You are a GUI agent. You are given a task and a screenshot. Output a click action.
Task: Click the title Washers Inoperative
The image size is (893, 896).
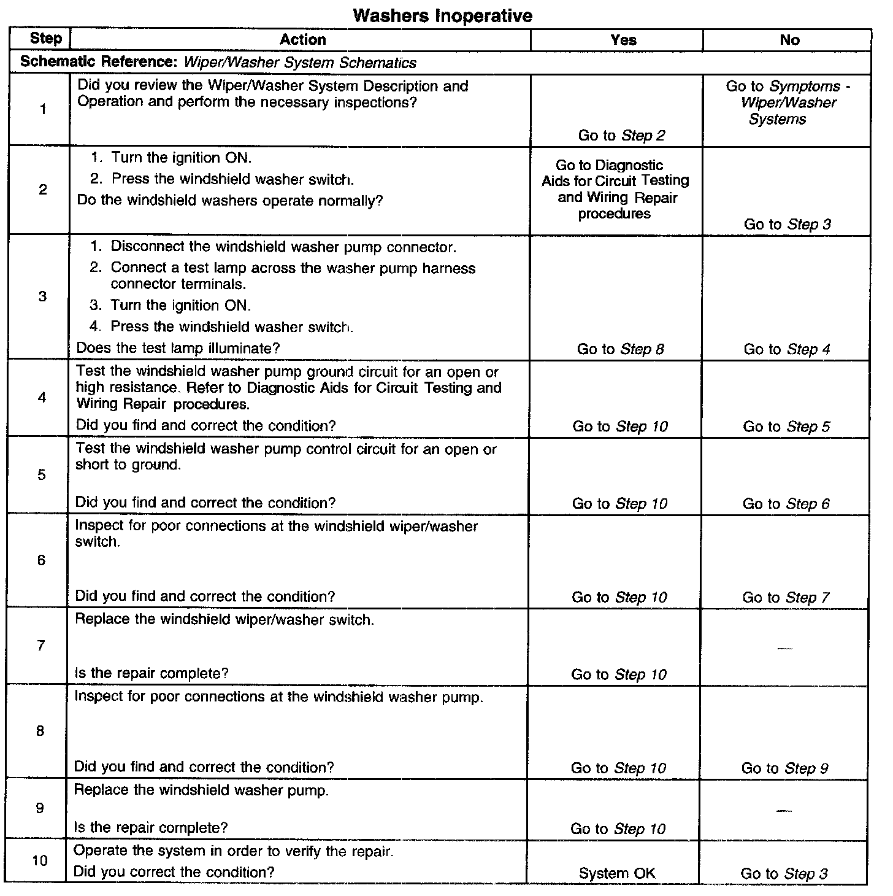point(442,15)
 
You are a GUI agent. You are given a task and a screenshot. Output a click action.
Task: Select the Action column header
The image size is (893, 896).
point(302,40)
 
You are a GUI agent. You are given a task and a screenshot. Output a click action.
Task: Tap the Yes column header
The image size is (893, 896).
point(623,40)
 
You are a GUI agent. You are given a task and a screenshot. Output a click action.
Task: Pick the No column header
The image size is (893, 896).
point(789,40)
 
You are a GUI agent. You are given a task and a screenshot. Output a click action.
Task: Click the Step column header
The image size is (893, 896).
point(45,39)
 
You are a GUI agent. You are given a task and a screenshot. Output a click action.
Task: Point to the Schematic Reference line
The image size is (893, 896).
point(218,63)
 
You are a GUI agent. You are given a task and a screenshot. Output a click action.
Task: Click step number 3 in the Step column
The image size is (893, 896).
point(42,297)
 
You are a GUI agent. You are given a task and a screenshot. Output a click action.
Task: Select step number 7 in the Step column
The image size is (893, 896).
point(40,646)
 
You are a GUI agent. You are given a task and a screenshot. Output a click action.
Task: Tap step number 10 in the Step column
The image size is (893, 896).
point(39,860)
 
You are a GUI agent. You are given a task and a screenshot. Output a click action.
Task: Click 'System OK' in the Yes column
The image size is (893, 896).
point(617,873)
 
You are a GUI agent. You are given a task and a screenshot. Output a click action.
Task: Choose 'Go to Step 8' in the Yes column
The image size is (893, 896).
point(620,349)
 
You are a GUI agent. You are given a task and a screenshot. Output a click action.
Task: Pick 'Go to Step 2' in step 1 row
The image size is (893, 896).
point(621,136)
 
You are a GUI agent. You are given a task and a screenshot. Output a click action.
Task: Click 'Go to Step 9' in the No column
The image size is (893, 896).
point(784,768)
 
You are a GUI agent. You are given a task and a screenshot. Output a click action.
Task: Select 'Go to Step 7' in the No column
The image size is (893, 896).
point(786,597)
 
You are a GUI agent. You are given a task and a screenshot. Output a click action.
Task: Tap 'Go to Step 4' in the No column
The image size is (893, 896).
point(787,349)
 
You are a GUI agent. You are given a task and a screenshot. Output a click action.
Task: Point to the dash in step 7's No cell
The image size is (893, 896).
point(784,648)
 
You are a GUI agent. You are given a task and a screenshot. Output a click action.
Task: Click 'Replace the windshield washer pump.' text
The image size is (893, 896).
point(201,790)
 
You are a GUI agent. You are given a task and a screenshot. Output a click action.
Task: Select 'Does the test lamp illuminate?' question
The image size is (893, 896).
point(178,348)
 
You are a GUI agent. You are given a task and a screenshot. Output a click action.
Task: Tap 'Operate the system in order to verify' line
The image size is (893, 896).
point(233,851)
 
